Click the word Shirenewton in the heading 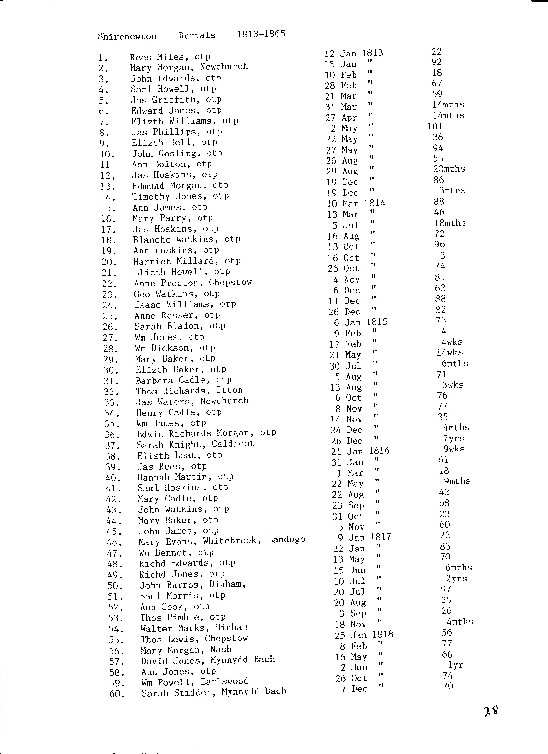tap(127, 36)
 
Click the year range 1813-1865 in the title tap(261, 34)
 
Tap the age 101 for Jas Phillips tap(435, 126)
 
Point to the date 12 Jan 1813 tap(354, 54)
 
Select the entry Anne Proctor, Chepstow tap(193, 283)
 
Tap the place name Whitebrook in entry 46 tap(230, 541)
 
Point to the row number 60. tap(117, 694)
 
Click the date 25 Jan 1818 tap(364, 635)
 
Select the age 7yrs tap(454, 439)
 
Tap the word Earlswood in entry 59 tap(224, 681)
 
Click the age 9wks tap(454, 449)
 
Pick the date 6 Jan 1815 tap(361, 322)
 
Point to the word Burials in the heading tap(197, 35)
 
